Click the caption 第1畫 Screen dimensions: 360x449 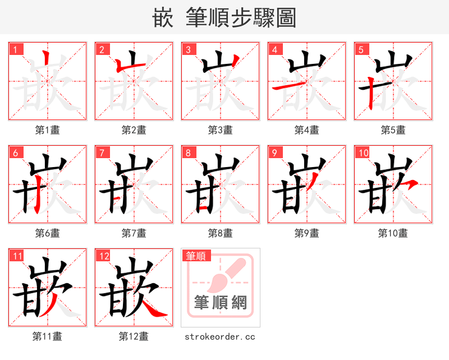point(48,130)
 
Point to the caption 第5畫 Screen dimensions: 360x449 point(393,130)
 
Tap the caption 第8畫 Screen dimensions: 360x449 point(221,233)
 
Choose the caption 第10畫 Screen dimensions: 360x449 point(393,233)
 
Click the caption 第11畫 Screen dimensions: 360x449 point(48,336)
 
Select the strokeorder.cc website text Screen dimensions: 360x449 point(220,336)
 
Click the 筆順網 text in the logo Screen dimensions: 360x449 point(220,303)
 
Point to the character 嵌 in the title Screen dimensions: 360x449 point(163,18)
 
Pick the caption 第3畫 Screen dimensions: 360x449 point(221,130)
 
